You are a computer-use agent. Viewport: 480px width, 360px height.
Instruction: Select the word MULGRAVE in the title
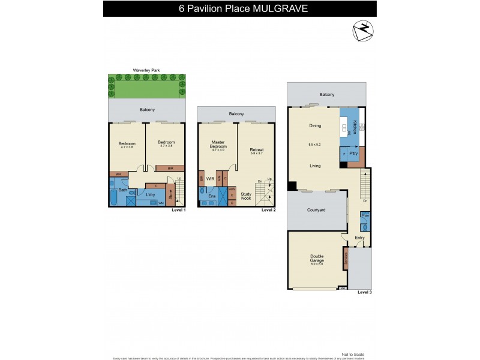click(x=274, y=8)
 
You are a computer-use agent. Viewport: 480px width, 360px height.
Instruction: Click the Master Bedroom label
click(x=218, y=145)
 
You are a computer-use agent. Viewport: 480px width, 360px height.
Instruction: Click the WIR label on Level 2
click(x=211, y=178)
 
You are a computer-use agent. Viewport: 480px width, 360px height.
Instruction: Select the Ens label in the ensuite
click(x=211, y=196)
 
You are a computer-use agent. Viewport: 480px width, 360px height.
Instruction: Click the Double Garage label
click(x=317, y=259)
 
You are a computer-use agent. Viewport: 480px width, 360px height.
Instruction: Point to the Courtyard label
click(x=316, y=211)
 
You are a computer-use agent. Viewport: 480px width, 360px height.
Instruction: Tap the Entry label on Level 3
click(x=359, y=238)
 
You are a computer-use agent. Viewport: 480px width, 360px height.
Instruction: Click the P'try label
click(x=353, y=152)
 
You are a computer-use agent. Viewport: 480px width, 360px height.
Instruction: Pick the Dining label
click(x=315, y=126)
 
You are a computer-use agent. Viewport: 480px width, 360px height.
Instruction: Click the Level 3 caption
click(x=364, y=292)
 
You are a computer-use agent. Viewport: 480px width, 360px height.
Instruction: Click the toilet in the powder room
click(x=364, y=227)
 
